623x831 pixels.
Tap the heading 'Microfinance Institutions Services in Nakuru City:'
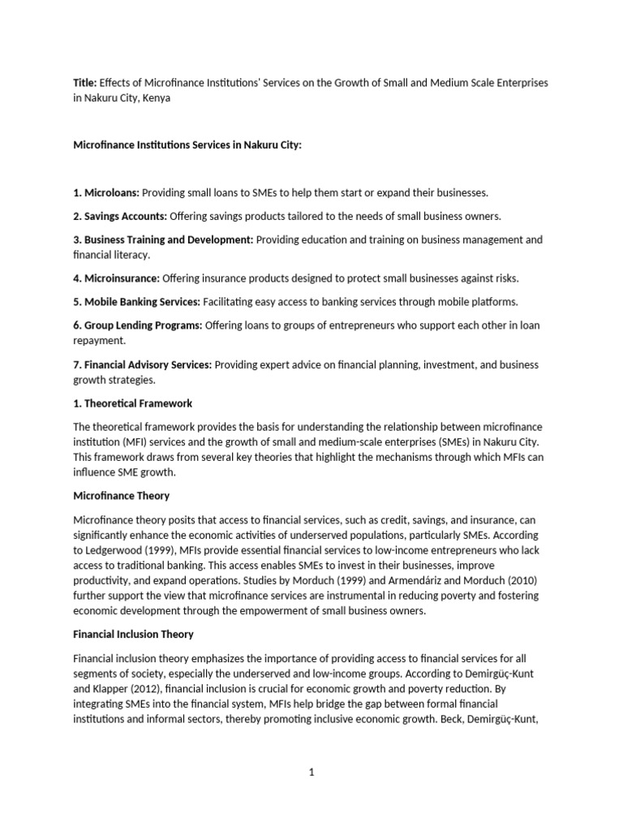pos(187,144)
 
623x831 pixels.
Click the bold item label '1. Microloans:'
pos(106,193)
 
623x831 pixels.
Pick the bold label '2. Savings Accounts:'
pos(120,215)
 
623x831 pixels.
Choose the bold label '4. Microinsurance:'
pos(117,278)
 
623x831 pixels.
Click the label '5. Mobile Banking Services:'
pos(137,302)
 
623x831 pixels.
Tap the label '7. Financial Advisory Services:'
pos(143,365)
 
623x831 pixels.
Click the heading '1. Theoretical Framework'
pos(133,403)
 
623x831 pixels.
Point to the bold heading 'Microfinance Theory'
pos(122,496)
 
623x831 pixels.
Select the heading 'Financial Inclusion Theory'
pos(134,634)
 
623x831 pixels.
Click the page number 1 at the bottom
pos(311,773)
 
